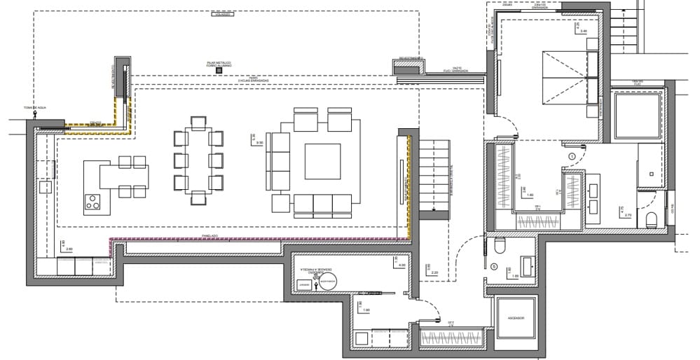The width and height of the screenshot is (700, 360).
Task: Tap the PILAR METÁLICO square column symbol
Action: (x=219, y=71)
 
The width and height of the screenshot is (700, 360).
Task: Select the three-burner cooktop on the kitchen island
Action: (x=92, y=202)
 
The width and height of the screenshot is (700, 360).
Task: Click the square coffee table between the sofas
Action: (x=322, y=162)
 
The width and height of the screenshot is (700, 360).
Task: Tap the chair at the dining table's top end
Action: (x=198, y=123)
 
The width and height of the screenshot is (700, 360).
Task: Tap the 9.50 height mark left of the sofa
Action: (x=259, y=143)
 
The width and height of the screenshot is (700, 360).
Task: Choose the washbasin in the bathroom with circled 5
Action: (x=526, y=265)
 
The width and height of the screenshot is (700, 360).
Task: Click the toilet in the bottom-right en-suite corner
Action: (x=650, y=219)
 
